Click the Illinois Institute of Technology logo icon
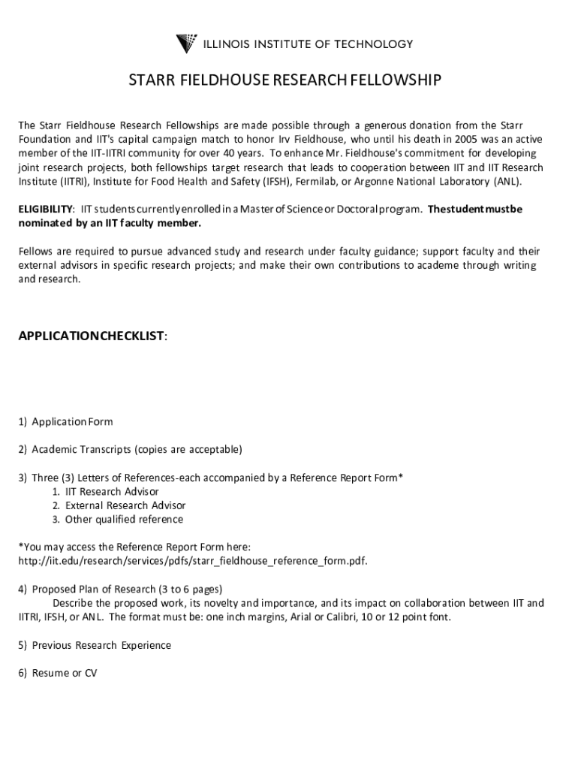[x=186, y=44]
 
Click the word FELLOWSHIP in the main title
[x=390, y=81]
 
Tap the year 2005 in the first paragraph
[x=426, y=139]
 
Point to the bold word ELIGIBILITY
[x=46, y=209]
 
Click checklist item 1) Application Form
[x=66, y=422]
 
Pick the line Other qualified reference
[x=118, y=520]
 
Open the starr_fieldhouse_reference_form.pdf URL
[x=193, y=561]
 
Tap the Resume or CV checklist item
[x=58, y=673]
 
